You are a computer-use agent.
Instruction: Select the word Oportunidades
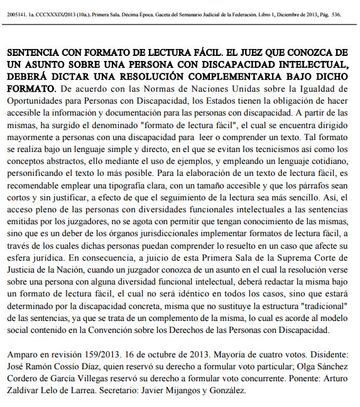coord(35,102)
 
